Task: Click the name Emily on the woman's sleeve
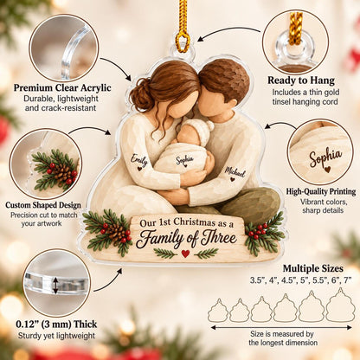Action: (139, 160)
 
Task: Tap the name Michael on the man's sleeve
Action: (235, 172)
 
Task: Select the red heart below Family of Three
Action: (185, 254)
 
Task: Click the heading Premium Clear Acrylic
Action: (62, 87)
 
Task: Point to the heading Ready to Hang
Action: (301, 80)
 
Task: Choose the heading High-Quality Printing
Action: (321, 191)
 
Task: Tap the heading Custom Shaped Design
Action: (43, 205)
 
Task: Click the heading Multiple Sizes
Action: (313, 268)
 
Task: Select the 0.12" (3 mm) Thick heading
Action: (56, 325)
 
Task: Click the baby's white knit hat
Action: (200, 130)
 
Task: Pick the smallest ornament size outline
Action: (218, 311)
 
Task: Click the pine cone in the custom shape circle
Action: (62, 172)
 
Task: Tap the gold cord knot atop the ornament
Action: (183, 41)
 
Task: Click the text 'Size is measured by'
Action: (282, 334)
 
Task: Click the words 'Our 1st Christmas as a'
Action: (186, 223)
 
